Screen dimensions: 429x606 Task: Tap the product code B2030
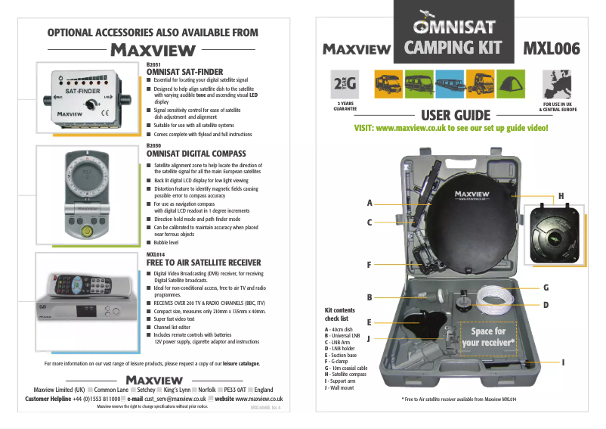tap(153, 145)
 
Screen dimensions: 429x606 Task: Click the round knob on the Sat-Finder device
tap(89, 104)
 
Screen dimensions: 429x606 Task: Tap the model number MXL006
tap(552, 48)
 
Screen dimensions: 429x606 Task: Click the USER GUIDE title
tap(456, 115)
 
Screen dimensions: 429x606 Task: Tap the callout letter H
tap(561, 197)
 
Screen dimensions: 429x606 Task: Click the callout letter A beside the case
tap(369, 203)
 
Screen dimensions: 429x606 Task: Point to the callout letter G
tap(546, 288)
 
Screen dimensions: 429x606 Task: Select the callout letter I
tap(564, 362)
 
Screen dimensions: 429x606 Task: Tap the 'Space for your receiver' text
tap(488, 337)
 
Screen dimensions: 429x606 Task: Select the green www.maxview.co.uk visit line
tap(451, 128)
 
